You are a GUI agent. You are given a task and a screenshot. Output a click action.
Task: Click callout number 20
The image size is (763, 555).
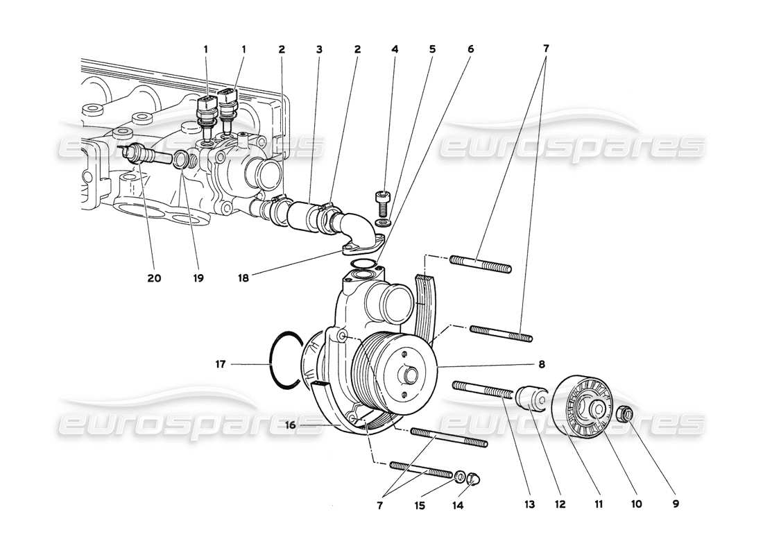[x=154, y=278]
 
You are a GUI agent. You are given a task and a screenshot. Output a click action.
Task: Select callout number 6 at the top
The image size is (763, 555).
[x=470, y=49]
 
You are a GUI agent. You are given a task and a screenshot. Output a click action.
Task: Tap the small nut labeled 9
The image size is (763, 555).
[x=626, y=415]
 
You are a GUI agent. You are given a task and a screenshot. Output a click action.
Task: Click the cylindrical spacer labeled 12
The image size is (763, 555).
[x=533, y=400]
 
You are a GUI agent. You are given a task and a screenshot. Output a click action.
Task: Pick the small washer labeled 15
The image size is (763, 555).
[x=459, y=477]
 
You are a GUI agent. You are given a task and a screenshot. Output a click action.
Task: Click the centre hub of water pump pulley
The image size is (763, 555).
[x=410, y=376]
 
